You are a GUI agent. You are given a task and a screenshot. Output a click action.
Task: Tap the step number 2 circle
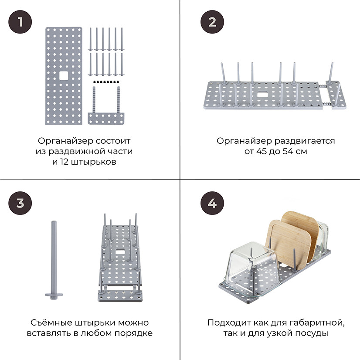tap(212, 21)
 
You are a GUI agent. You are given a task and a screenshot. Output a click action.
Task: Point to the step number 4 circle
tap(212, 203)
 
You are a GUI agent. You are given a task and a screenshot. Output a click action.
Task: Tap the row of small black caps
tap(106, 82)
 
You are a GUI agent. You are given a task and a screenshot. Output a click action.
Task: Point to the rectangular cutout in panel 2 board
tap(264, 94)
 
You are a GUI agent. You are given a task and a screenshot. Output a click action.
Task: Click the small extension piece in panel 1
tap(106, 118)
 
